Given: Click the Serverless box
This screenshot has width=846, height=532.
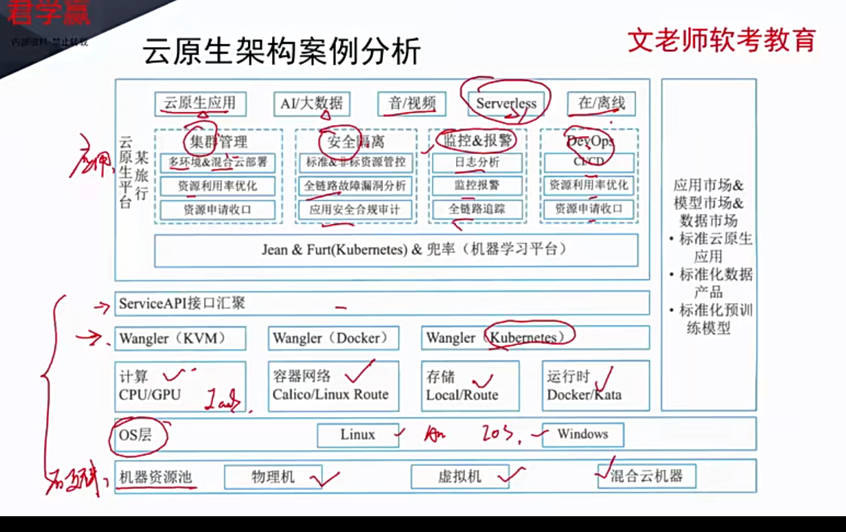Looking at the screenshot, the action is coord(506,103).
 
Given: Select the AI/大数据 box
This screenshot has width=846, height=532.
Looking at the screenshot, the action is coord(311,103).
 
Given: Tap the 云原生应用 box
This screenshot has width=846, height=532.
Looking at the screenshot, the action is coord(200,103).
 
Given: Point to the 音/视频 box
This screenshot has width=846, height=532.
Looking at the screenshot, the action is coord(412,103).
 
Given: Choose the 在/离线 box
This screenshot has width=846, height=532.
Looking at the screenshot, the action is coord(601,103).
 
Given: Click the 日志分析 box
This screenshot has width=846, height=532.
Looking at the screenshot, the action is coord(477,162).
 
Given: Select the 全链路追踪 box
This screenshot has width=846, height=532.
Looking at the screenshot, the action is coord(477,209).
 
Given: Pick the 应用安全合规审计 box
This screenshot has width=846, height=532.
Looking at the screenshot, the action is coord(355,210).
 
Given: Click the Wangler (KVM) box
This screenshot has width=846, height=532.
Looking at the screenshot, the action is coord(180,338).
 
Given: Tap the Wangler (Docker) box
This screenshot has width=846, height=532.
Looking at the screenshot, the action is coord(333,338).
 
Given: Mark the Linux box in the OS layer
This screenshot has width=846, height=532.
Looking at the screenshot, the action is coord(357,435).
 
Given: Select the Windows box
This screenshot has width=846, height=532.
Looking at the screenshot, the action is coord(582,434).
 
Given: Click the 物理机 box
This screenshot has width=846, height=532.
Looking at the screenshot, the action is coord(273,477).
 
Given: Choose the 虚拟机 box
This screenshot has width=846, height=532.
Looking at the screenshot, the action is coord(460,477).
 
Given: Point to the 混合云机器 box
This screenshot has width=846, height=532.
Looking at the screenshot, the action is coord(647,476).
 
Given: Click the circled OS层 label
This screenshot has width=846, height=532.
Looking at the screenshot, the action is coord(136,435).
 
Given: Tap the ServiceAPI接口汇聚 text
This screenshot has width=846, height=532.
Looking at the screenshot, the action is coord(182,303).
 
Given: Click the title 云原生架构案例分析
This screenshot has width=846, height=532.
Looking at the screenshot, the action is coord(282,51).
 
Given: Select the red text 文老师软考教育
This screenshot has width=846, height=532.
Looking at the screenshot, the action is coord(722,40).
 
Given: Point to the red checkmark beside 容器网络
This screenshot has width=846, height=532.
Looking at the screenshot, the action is coord(360,372).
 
